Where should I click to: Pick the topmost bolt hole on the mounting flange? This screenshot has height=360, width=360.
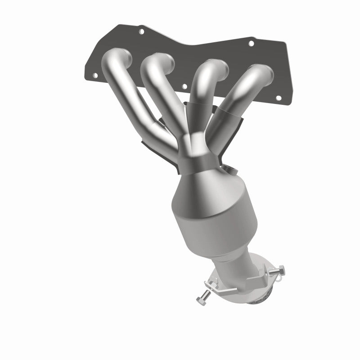tap(141, 32)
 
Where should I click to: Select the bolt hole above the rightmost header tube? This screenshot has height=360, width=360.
tap(251, 44)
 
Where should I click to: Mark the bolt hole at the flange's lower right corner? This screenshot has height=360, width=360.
tap(278, 98)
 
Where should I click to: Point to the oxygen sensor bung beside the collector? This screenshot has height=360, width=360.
tap(232, 170)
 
